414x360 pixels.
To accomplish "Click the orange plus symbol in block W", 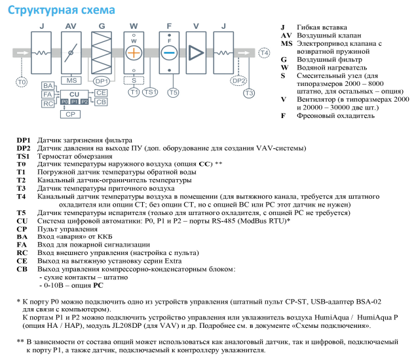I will [x=134, y=52].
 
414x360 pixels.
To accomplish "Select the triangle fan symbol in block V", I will [x=195, y=52].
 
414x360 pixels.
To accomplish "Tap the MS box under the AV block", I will [x=71, y=80].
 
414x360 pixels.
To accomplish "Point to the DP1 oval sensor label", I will [x=101, y=81].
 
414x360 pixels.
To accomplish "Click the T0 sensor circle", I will [x=22, y=82].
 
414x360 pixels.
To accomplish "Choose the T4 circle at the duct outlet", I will [x=263, y=52].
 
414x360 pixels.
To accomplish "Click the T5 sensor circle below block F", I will [x=173, y=92].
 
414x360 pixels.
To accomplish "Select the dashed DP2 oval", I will [x=240, y=81].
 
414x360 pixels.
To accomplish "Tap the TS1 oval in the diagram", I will [x=150, y=92].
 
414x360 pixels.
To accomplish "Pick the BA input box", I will [x=48, y=86].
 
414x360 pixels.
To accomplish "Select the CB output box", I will [x=100, y=102].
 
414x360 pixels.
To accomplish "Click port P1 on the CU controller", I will [x=74, y=102].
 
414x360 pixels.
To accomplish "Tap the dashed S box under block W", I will [x=134, y=80].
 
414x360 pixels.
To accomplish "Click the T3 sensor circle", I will [x=248, y=93].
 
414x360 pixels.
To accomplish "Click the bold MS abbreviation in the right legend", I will [x=286, y=43].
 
